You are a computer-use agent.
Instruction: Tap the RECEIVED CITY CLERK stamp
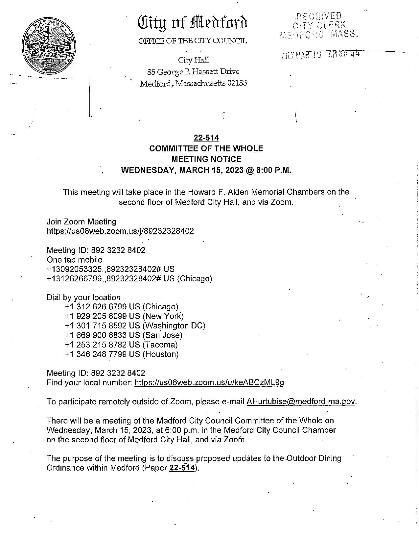click(318, 25)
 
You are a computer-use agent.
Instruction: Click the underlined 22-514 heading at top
click(206, 138)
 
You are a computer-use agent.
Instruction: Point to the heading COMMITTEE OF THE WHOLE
click(206, 149)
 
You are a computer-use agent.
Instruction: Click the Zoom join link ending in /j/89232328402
click(120, 231)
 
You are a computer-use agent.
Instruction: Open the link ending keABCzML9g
click(209, 382)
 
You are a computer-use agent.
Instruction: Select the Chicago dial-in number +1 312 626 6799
click(122, 307)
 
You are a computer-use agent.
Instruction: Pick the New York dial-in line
click(124, 317)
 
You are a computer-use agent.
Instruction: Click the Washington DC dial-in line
click(135, 326)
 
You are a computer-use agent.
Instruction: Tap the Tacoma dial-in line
click(121, 345)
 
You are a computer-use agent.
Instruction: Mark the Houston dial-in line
click(122, 354)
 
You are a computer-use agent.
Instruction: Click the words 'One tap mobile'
click(74, 260)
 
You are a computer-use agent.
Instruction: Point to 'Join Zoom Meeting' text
click(81, 222)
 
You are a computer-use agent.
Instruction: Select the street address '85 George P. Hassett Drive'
click(193, 72)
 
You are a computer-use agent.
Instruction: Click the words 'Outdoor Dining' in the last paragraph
click(314, 458)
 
